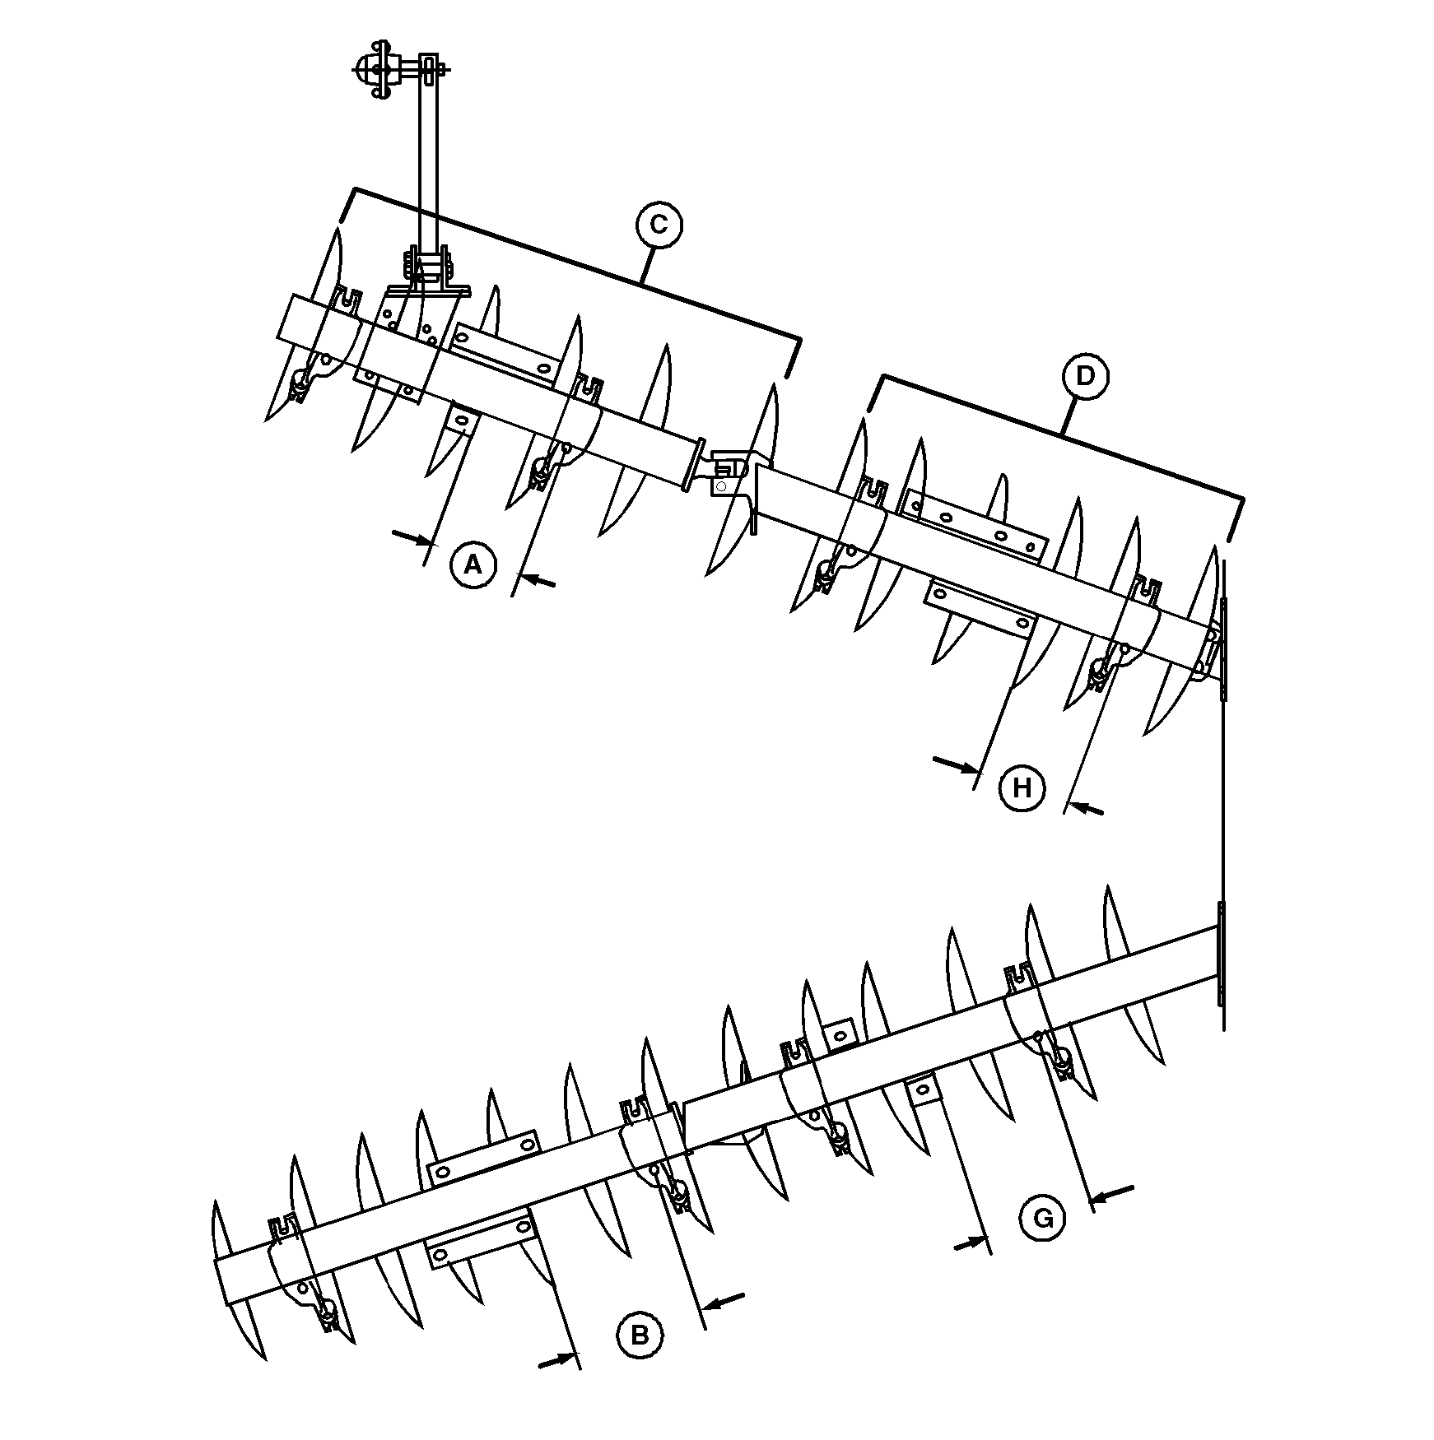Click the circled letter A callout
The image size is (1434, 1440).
point(473,564)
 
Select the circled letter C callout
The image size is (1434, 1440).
point(659,225)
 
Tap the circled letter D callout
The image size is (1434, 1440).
point(1086,376)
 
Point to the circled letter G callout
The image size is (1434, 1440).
point(1043,1217)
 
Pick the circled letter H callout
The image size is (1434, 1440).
point(1022,788)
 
